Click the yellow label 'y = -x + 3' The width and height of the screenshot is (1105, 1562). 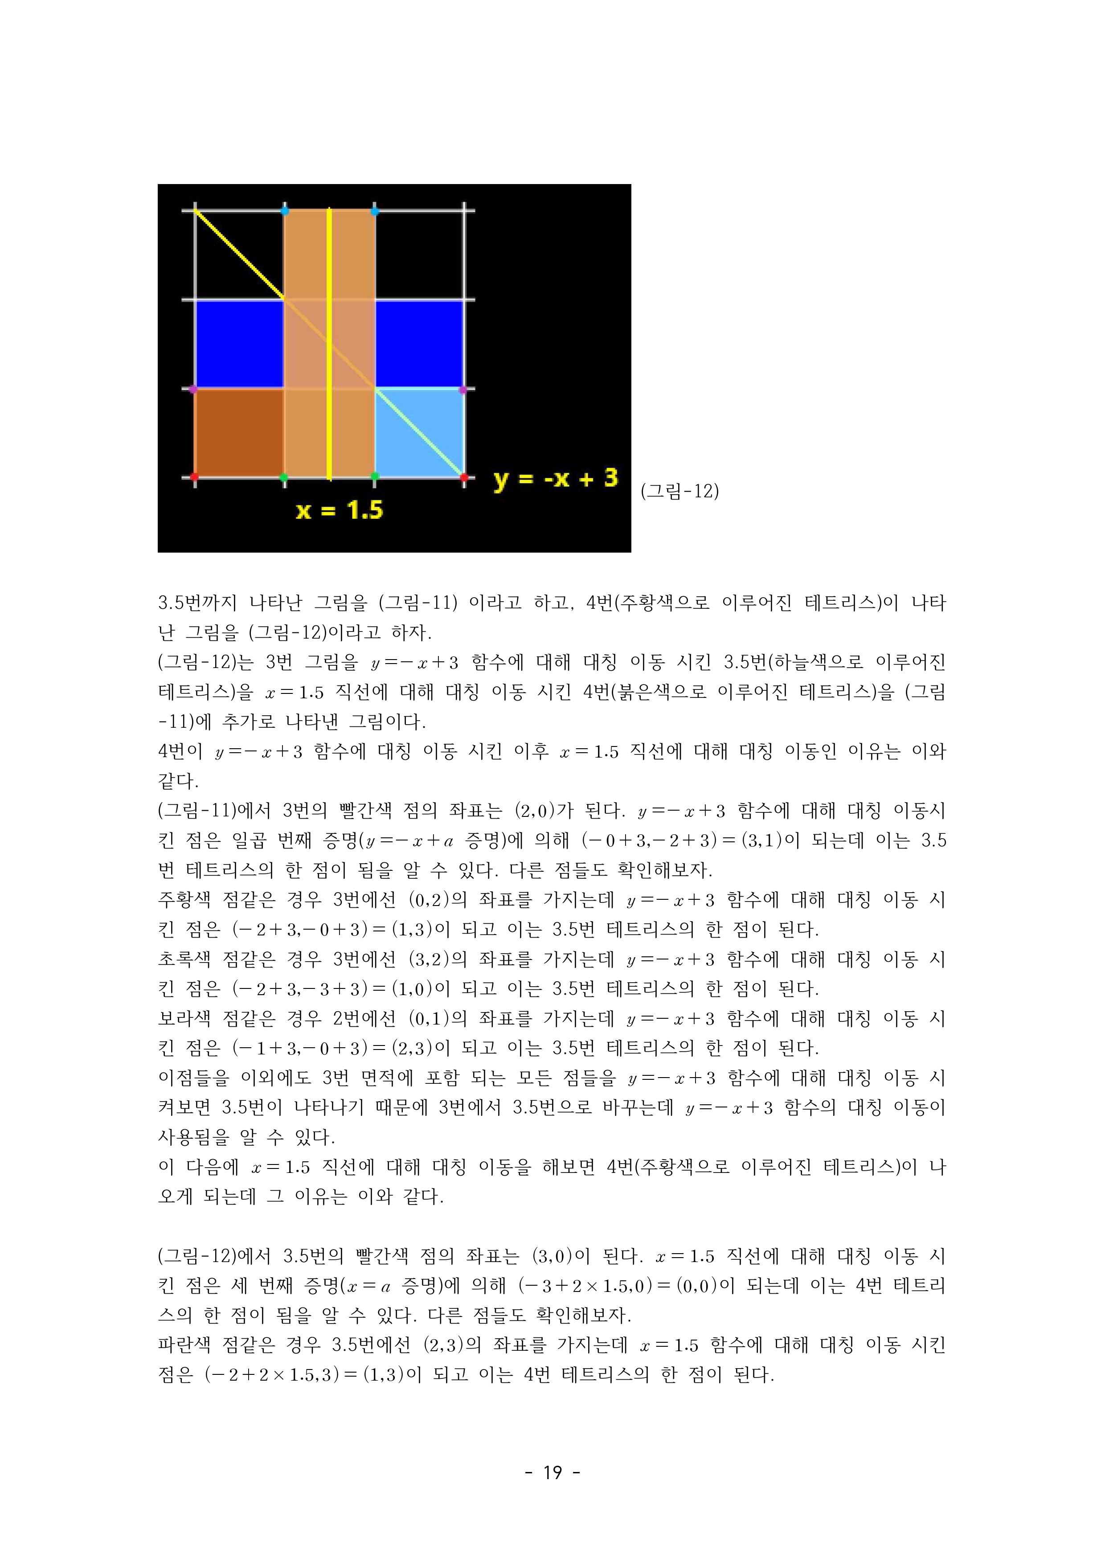click(x=555, y=479)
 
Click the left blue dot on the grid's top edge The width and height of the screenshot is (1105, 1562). click(x=284, y=210)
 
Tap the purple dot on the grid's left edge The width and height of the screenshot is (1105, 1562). click(x=193, y=389)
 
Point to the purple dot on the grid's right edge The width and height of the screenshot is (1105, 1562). click(x=463, y=390)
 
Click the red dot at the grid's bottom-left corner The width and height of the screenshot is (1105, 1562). click(x=195, y=477)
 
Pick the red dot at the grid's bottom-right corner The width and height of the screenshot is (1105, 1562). click(x=464, y=478)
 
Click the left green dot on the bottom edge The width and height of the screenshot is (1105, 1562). click(x=284, y=478)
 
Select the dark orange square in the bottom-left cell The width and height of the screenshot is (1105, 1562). click(x=239, y=433)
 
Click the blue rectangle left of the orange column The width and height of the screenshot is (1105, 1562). click(x=239, y=344)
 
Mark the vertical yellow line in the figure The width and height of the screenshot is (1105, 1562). click(x=329, y=340)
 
